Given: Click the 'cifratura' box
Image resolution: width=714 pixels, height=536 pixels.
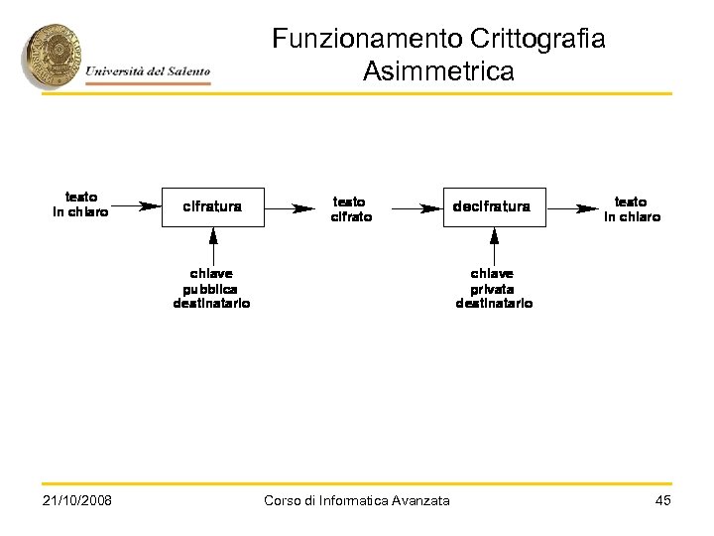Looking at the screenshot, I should (x=213, y=207).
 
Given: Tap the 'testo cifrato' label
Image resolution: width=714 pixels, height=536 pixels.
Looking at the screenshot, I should (x=351, y=208).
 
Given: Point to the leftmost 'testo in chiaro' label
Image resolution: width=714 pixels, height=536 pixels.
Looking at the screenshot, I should (x=80, y=203).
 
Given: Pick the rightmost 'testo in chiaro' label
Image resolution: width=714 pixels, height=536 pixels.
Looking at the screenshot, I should (x=632, y=208).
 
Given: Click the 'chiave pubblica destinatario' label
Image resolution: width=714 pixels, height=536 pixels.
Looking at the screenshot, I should (x=212, y=288).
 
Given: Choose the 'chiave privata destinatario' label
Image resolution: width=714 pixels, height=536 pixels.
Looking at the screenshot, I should (x=494, y=288).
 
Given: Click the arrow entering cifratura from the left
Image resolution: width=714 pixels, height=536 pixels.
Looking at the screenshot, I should (x=136, y=207).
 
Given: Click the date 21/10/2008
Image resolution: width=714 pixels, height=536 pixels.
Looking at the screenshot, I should (x=77, y=500).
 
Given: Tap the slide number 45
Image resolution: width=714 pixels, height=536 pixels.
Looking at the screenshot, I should (x=663, y=500).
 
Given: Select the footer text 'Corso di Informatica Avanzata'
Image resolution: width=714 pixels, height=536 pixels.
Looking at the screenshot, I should (x=357, y=500).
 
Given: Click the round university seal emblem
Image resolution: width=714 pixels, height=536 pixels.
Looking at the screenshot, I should (x=53, y=55).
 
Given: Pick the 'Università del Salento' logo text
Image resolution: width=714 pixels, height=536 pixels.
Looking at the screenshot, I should (x=148, y=70).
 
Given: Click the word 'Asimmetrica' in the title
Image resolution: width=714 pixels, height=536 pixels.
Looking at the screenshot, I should (x=438, y=71).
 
